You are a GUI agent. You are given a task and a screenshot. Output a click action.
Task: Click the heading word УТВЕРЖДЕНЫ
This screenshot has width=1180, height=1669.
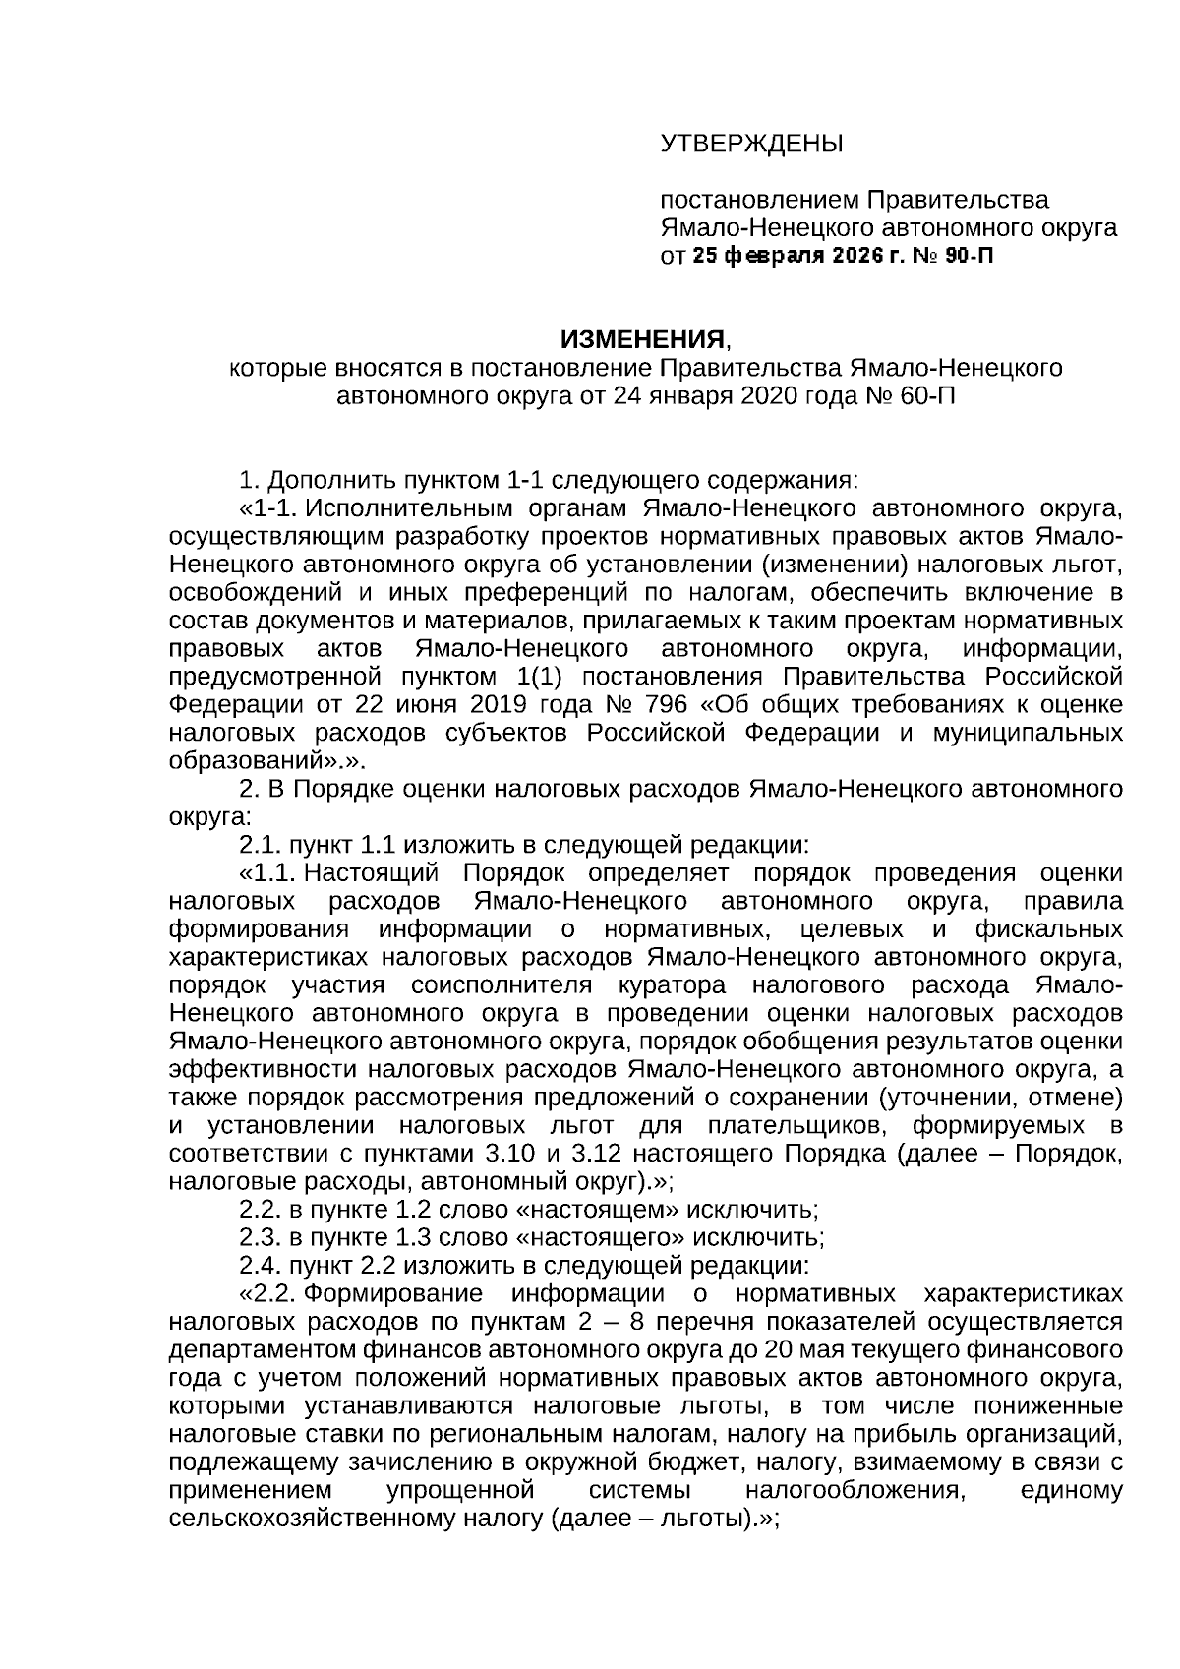click(x=752, y=145)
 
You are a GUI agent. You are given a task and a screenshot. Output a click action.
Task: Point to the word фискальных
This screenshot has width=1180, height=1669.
click(x=1048, y=929)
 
